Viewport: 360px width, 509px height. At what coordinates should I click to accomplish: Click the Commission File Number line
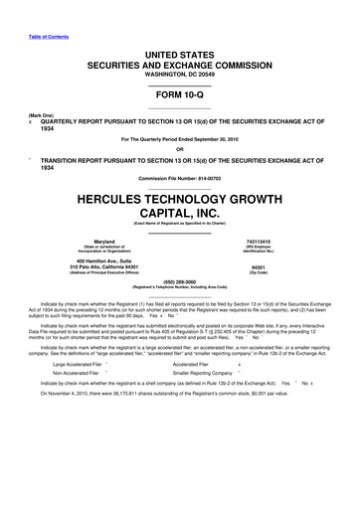(180, 177)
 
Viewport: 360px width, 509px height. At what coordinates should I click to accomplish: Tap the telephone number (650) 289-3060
(180, 279)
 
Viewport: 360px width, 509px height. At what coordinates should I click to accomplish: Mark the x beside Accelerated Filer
(256, 365)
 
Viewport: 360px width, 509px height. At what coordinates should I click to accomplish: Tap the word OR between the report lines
(180, 150)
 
